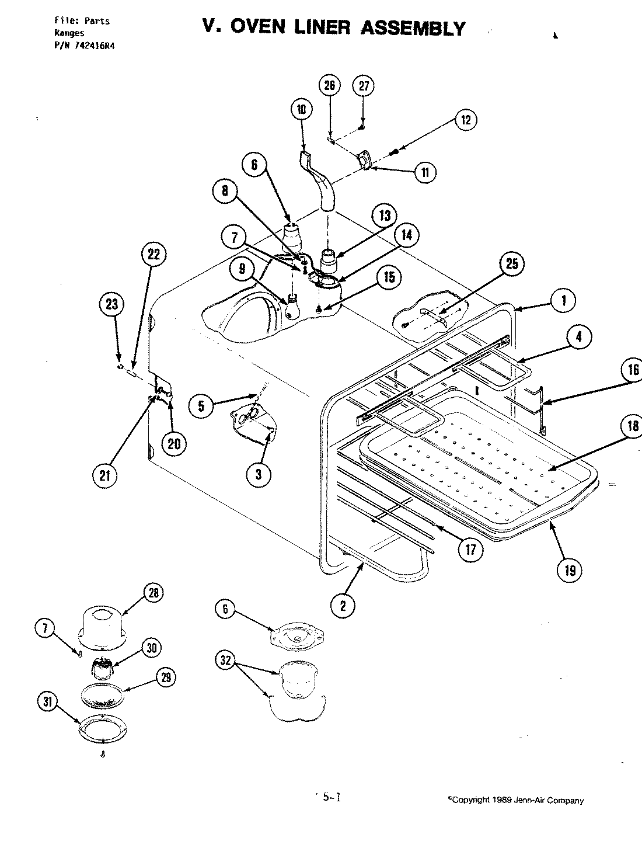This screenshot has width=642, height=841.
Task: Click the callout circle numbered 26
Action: [x=329, y=86]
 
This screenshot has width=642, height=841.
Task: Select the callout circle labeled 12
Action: [x=465, y=120]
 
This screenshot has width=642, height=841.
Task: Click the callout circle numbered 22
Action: [x=153, y=254]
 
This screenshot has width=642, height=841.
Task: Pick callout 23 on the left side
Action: [x=111, y=304]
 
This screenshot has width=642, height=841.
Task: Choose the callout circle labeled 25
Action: [x=511, y=263]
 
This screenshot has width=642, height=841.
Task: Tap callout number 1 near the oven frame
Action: [x=564, y=301]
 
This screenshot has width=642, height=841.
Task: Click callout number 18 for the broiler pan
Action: [x=633, y=426]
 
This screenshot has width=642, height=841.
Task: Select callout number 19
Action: [x=570, y=570]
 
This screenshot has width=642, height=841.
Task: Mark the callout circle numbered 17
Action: [x=470, y=549]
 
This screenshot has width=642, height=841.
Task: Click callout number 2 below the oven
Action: [x=343, y=606]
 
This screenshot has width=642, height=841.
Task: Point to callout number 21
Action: [x=104, y=475]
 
